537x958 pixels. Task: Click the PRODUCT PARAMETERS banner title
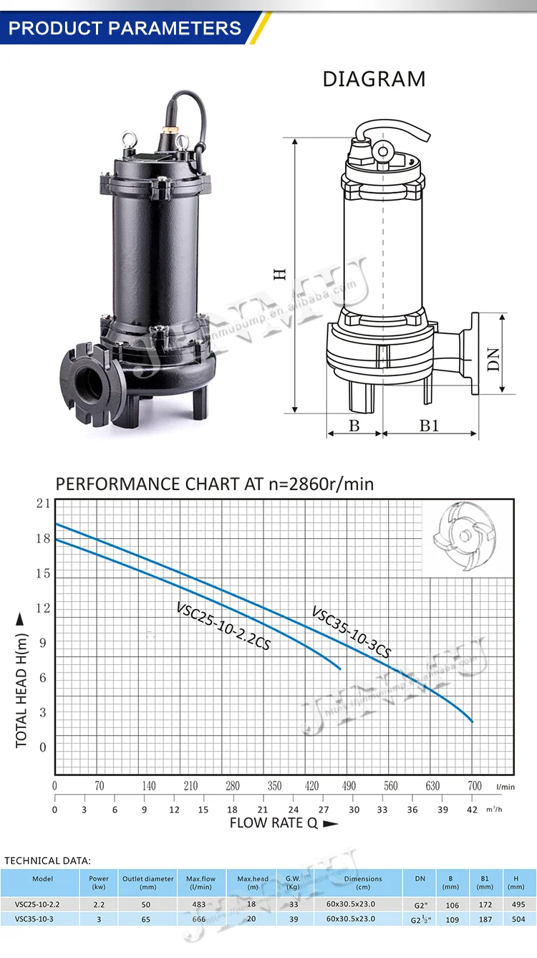click(x=125, y=28)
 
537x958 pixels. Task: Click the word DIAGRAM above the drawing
click(x=374, y=79)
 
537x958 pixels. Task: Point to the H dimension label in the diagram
click(x=281, y=273)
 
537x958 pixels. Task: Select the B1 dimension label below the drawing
click(x=428, y=426)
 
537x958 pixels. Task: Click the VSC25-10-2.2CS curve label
click(x=223, y=626)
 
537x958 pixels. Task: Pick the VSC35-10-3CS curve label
click(x=351, y=632)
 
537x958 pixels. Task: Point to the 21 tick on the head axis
click(x=43, y=504)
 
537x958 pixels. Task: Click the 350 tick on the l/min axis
click(x=275, y=786)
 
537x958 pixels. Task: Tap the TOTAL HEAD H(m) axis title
click(x=21, y=681)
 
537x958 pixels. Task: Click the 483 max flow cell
click(x=200, y=904)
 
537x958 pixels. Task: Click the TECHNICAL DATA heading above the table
click(x=48, y=860)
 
